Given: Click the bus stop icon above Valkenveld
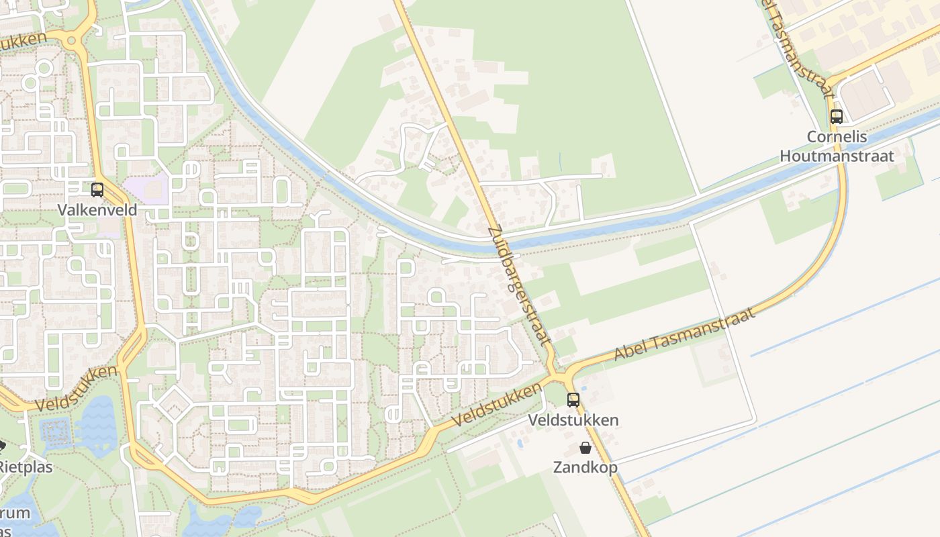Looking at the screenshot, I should pos(97,190).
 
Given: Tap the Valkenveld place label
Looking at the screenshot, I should pos(97,210).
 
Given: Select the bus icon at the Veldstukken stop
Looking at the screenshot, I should pos(573,400).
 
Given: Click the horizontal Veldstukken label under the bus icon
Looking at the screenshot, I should pos(573,421).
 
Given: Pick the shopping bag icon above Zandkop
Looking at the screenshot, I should pos(585,448).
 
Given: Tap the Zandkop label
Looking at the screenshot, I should pos(585,467).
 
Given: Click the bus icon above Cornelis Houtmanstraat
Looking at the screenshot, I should pos(837,117).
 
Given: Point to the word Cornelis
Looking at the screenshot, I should pos(837,137).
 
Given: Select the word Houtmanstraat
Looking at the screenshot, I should pos(837,156).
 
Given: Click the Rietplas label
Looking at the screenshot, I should pos(26,467).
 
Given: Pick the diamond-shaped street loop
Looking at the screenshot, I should pos(173,403).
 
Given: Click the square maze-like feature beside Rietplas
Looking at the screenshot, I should pos(56,433).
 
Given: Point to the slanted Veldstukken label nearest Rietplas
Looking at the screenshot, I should pos(77,389).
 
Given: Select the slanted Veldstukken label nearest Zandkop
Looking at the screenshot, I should pos(497,405).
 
